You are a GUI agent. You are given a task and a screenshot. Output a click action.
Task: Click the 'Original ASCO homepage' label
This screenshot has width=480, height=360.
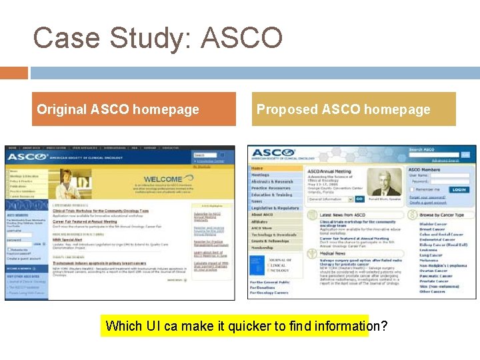pos(118,109)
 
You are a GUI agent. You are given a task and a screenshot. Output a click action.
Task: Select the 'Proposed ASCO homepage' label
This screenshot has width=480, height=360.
pos(343,109)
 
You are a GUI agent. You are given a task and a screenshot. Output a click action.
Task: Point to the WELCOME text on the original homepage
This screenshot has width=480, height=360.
pos(163,179)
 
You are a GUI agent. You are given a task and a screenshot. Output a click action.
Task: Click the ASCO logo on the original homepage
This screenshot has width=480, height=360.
pos(27,156)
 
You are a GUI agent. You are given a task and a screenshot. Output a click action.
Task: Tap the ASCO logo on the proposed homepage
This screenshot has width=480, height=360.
pos(273,153)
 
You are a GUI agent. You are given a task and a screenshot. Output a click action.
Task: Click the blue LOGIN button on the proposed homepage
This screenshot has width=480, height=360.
pos(458,189)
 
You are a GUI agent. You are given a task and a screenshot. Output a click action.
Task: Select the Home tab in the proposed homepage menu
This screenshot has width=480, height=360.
pos(257,169)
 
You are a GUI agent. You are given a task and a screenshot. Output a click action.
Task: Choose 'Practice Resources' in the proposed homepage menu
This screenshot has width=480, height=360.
pos(271,188)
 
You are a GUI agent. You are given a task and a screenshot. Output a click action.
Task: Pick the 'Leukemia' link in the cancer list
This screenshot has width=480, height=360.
pos(430,250)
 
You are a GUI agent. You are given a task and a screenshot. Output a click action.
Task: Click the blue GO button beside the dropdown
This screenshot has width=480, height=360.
pos(359,199)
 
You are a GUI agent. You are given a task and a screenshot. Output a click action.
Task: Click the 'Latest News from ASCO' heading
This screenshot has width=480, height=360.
pos(342,215)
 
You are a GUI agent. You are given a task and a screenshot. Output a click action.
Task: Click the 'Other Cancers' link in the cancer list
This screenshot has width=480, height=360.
pos(432,291)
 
